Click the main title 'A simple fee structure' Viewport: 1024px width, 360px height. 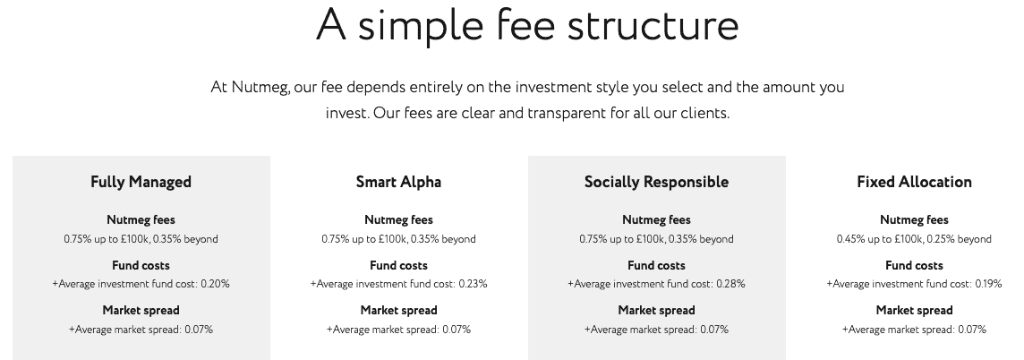(x=528, y=25)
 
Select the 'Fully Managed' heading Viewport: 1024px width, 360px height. (x=141, y=183)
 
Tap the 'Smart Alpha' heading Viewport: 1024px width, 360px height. (x=398, y=183)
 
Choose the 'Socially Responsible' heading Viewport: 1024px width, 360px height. (x=656, y=183)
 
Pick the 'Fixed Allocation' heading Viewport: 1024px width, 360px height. (x=914, y=182)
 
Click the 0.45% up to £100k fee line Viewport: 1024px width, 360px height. (x=914, y=239)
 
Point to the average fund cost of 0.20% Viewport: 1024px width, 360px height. (x=141, y=284)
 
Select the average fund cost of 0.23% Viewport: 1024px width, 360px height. (x=398, y=284)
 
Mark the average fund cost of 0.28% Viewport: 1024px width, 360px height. (x=656, y=284)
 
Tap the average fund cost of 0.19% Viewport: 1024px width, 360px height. (x=914, y=284)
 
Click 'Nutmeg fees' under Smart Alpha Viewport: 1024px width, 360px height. (x=398, y=220)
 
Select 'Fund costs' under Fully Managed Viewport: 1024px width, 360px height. (x=141, y=266)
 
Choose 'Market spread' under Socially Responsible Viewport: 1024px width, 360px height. (x=656, y=311)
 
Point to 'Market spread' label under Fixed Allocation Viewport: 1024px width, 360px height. (x=914, y=311)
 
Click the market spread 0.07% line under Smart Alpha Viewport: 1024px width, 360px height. (x=398, y=330)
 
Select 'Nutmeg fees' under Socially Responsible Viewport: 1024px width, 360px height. (x=656, y=220)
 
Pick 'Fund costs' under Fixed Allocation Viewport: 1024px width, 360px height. (x=914, y=266)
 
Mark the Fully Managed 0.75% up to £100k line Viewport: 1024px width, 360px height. (x=141, y=239)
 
